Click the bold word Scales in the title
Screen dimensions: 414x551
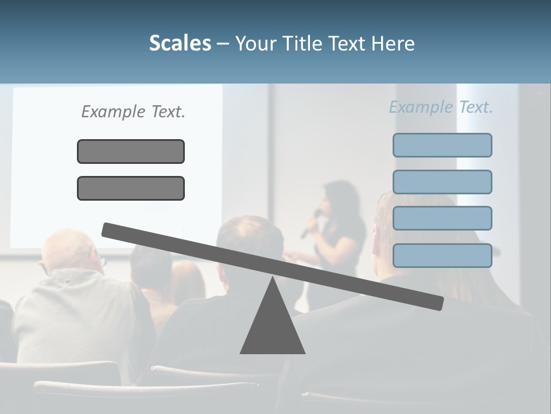[x=180, y=43]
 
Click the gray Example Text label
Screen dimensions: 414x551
[x=133, y=112]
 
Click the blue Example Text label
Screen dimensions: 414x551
[x=441, y=107]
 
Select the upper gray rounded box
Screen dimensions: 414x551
[x=131, y=151]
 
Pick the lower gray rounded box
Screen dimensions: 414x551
[x=131, y=188]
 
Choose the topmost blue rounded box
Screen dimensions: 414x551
[x=442, y=145]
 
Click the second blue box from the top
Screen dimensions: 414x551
[x=442, y=182]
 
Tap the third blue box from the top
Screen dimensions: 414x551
[x=442, y=218]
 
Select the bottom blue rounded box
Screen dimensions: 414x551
[x=442, y=255]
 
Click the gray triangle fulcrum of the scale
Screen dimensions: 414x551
[x=273, y=328]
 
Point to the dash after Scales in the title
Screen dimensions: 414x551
[x=223, y=43]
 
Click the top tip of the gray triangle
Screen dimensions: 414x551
[x=273, y=279]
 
